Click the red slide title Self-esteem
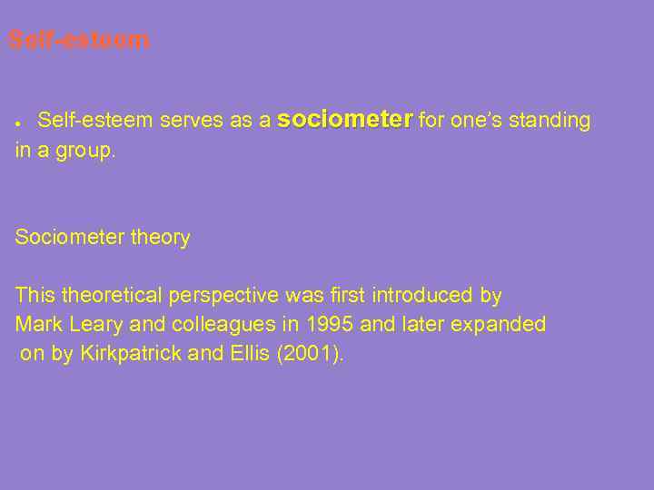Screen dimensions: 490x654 pos(78,41)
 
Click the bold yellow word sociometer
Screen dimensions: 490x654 pos(345,120)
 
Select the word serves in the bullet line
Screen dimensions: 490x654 pos(188,121)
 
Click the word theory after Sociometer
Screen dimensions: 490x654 pos(161,239)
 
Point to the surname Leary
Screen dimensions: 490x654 pos(96,325)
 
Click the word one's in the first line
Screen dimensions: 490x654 pos(472,121)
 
